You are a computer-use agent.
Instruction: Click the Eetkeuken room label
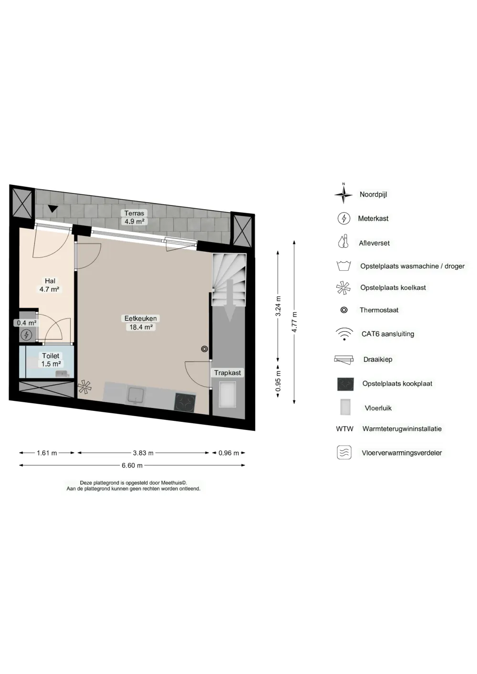pos(141,318)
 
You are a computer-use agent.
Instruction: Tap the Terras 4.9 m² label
pos(135,217)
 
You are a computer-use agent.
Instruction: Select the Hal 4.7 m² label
pos(50,285)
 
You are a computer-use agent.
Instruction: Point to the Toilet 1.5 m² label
pos(51,360)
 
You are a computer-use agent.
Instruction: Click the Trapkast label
pos(228,373)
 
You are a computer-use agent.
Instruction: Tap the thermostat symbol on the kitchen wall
pos(205,349)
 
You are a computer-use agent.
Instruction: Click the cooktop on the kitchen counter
pos(185,403)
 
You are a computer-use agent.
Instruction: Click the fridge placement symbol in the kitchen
pos(84,387)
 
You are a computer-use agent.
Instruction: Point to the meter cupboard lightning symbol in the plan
pos(26,334)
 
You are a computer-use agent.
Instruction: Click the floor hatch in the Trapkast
pos(228,394)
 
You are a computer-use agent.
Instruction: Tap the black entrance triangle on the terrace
pos(53,208)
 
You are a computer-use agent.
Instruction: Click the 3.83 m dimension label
pos(144,453)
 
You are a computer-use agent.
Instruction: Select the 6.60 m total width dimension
pos(132,466)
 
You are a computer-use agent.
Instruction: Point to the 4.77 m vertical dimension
pos(294,322)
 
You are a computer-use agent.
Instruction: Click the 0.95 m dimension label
pos(278,381)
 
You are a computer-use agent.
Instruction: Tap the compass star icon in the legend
pos(343,194)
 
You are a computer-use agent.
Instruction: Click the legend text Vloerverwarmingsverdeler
pos(402,453)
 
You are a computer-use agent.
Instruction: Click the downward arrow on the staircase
pos(230,300)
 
